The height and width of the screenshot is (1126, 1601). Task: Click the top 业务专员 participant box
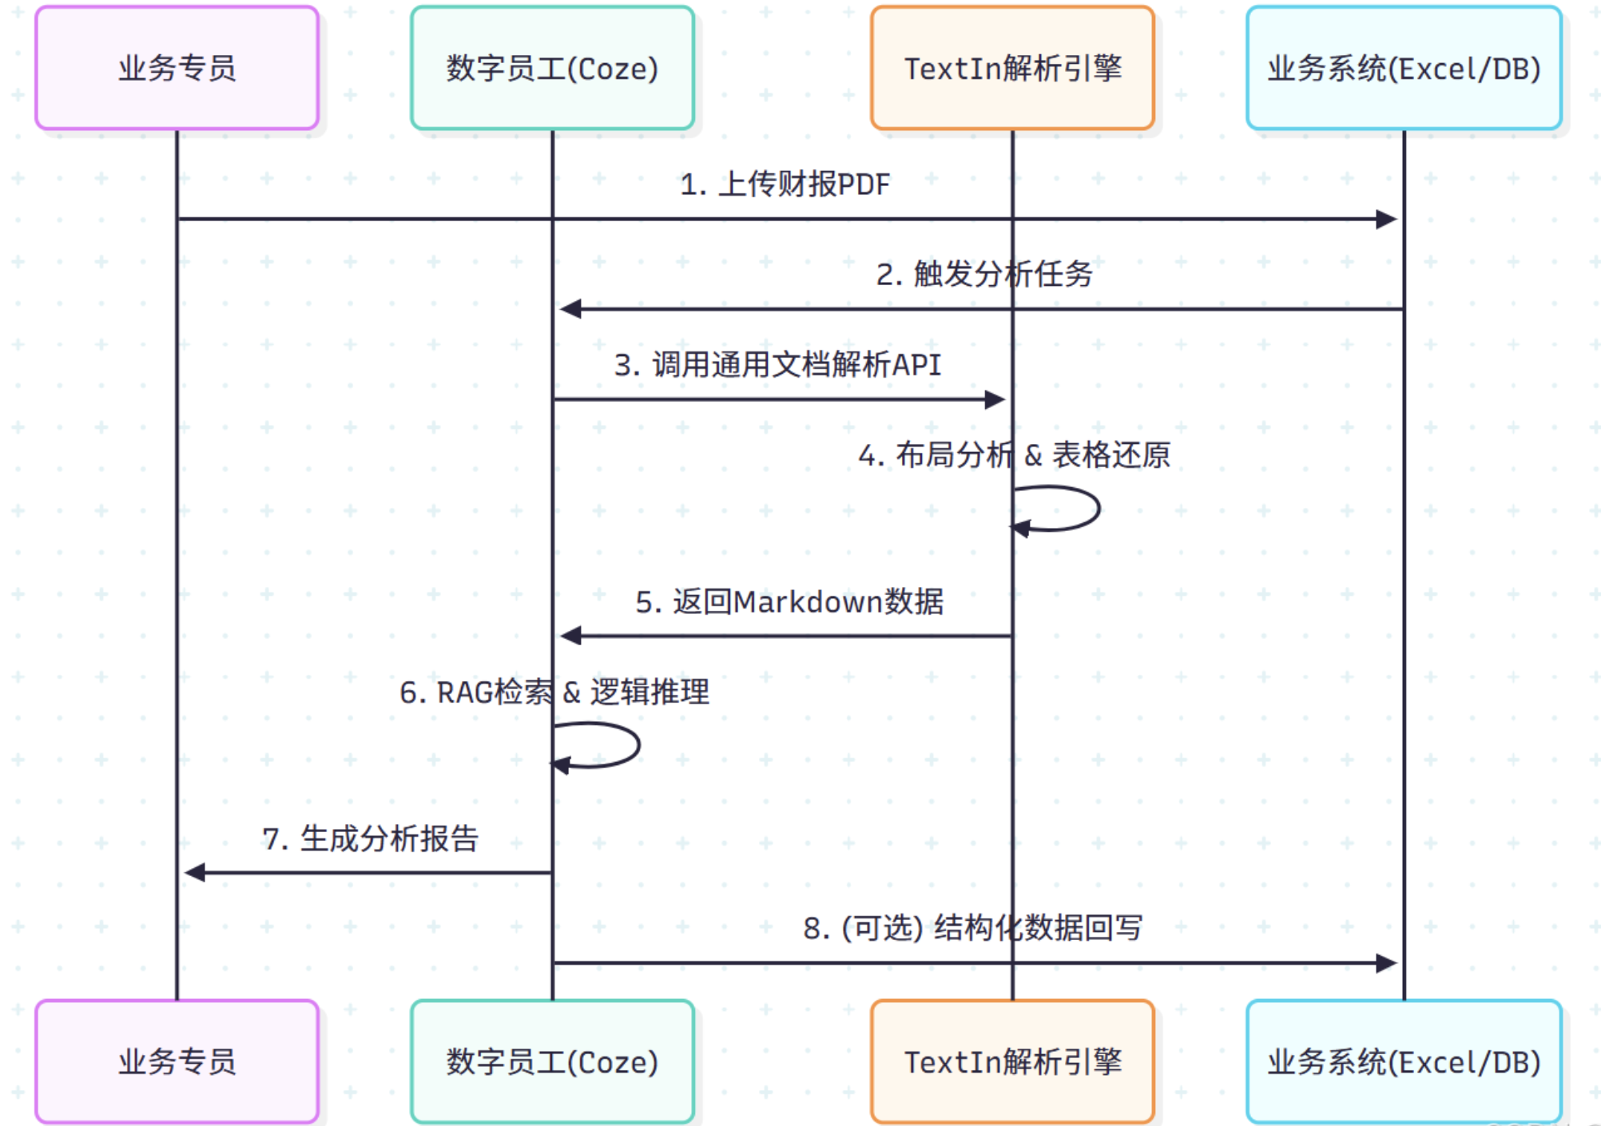[177, 68]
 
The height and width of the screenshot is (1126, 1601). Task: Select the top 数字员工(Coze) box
[552, 68]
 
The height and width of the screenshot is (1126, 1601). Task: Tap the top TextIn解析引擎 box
[1012, 68]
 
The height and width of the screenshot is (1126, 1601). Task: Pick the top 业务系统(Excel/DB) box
[1404, 68]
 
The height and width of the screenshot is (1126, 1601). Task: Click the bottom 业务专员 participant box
[177, 1061]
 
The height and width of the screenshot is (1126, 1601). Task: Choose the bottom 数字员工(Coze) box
[552, 1061]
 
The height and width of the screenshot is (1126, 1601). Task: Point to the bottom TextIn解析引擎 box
[1012, 1061]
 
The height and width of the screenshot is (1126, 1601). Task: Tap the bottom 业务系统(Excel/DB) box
[1404, 1061]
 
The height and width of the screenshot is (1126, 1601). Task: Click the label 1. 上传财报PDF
[785, 184]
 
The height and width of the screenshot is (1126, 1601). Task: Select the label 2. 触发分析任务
[984, 274]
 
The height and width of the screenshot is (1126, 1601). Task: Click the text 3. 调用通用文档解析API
[777, 365]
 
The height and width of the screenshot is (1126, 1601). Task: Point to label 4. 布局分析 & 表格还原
[1014, 455]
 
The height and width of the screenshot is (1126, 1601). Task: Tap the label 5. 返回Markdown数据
[789, 601]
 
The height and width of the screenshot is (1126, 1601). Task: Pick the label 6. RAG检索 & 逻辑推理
[554, 692]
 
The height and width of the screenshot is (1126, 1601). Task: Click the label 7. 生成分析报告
[370, 839]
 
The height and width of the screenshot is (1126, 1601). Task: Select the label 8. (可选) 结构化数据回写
[972, 928]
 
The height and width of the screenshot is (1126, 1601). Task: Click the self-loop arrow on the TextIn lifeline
[1098, 508]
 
